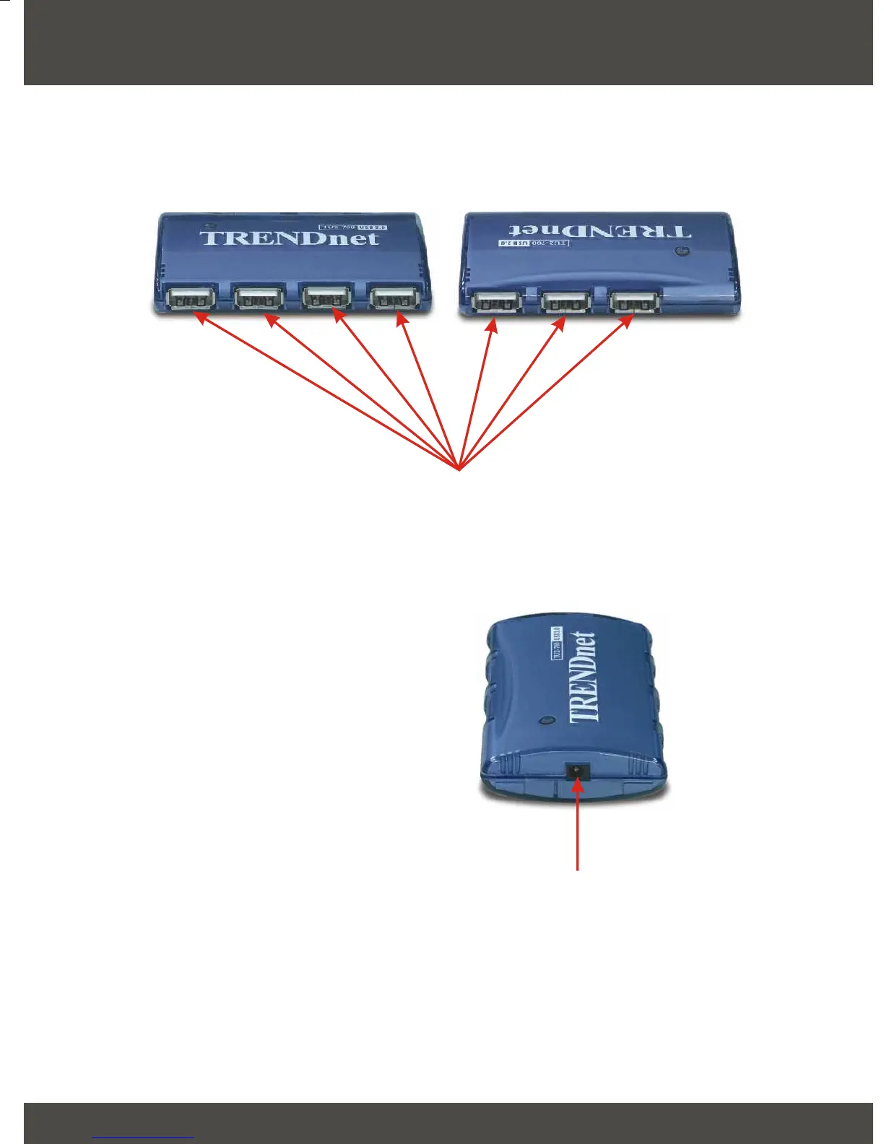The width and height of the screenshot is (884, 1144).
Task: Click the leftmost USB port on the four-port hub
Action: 191,298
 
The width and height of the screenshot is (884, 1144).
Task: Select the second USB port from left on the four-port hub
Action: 258,298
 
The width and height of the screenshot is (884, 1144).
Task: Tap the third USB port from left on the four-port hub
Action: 326,298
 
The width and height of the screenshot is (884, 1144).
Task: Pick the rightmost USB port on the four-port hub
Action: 394,298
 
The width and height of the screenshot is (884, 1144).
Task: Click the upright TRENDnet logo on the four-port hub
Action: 289,238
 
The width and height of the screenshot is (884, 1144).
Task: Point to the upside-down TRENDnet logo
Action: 600,230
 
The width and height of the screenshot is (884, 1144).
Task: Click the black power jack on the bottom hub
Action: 576,771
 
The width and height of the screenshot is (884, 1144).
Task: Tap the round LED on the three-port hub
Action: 678,252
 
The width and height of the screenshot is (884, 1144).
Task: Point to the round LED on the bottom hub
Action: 547,720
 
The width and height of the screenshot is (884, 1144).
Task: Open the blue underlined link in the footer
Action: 143,1137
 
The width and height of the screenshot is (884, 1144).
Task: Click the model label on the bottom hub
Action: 557,643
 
